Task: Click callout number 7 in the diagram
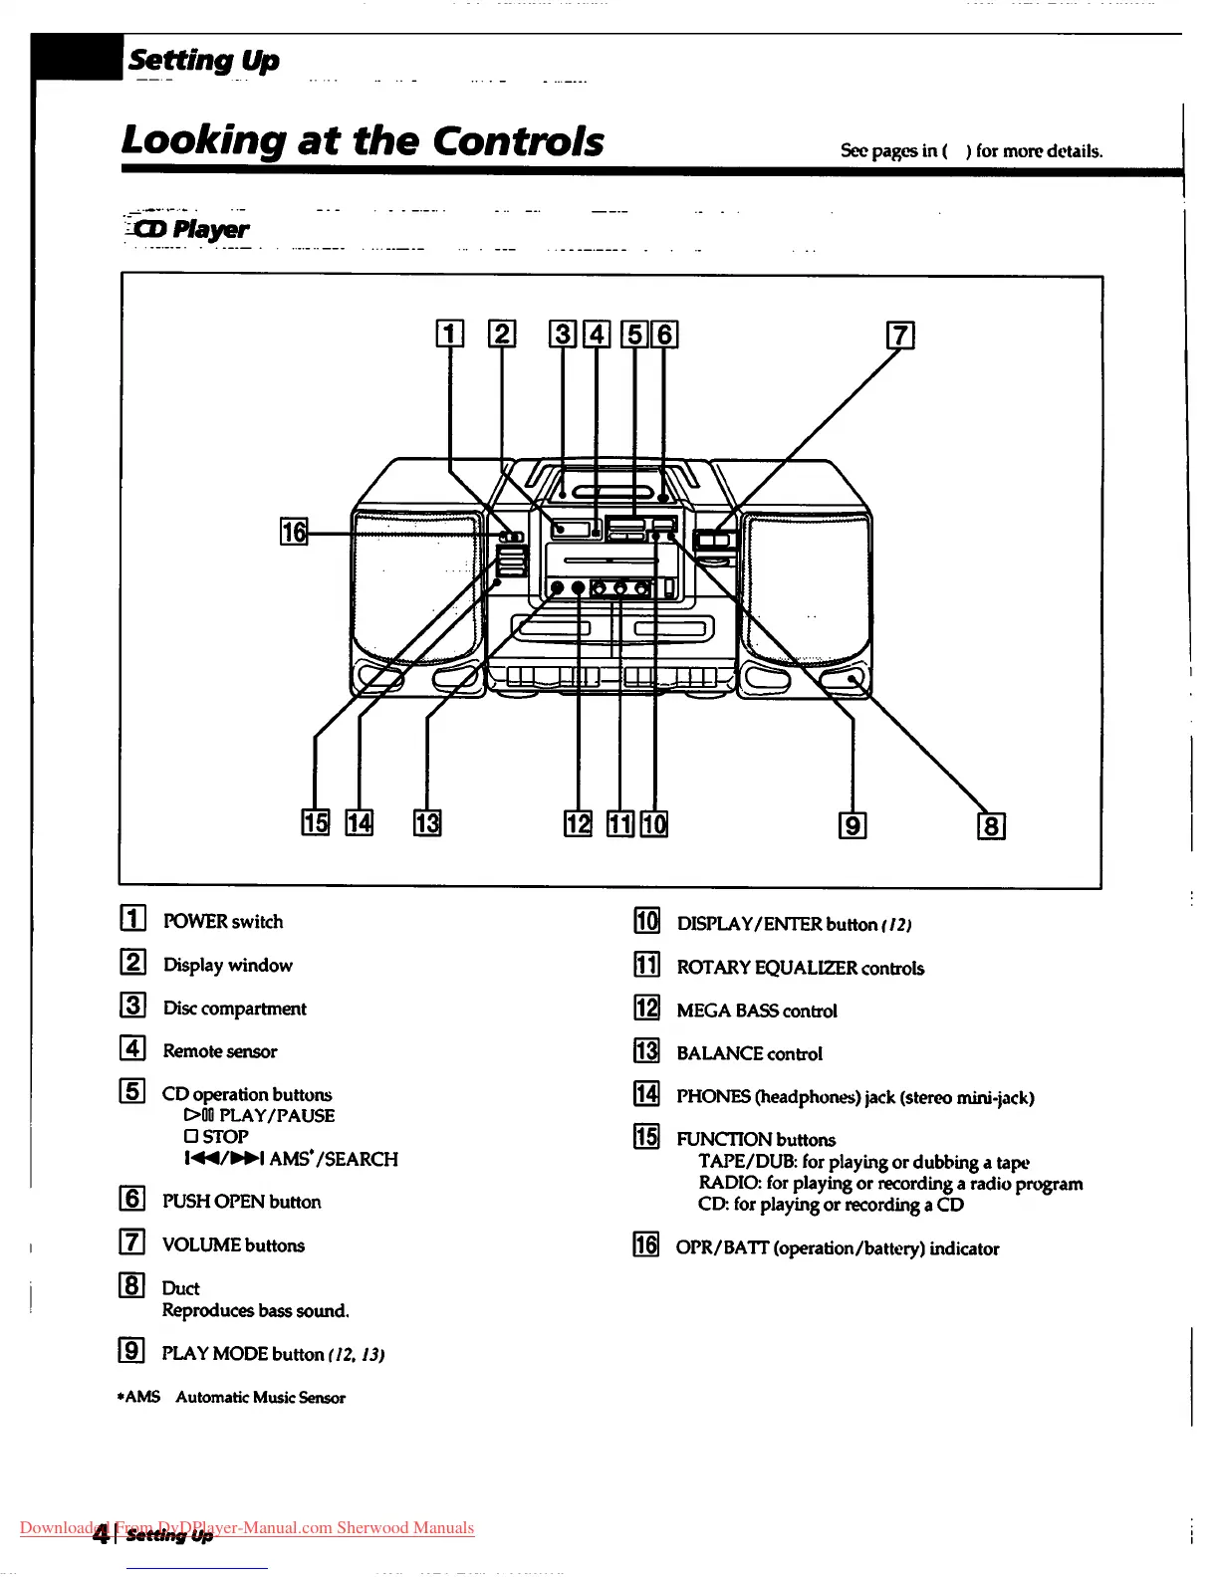(900, 336)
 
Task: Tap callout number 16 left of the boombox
(294, 532)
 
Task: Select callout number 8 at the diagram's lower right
(991, 826)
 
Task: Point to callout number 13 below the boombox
(427, 823)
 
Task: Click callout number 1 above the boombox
(450, 334)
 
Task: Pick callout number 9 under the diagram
(853, 825)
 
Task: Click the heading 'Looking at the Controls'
(363, 140)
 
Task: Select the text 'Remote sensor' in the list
(220, 1051)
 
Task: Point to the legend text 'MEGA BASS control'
(757, 1011)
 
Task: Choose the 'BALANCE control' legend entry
(749, 1053)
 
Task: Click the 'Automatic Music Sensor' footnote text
(261, 1398)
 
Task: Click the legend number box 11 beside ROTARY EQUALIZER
(647, 965)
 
